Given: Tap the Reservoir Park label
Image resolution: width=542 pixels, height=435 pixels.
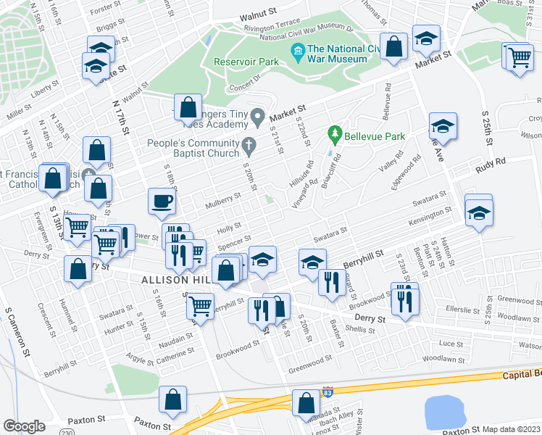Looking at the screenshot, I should point(246,62).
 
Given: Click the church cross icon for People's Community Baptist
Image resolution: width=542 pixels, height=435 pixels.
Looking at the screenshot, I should point(249,144).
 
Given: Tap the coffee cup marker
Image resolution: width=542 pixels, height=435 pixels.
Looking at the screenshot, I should point(162,201).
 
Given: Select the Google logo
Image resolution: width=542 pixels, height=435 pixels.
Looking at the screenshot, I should point(24,426).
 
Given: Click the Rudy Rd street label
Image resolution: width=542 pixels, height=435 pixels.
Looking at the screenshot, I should point(489,168).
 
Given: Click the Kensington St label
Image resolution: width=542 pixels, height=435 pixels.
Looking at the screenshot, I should point(430,215).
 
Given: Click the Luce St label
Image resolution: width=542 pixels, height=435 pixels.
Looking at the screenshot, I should point(451,343).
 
